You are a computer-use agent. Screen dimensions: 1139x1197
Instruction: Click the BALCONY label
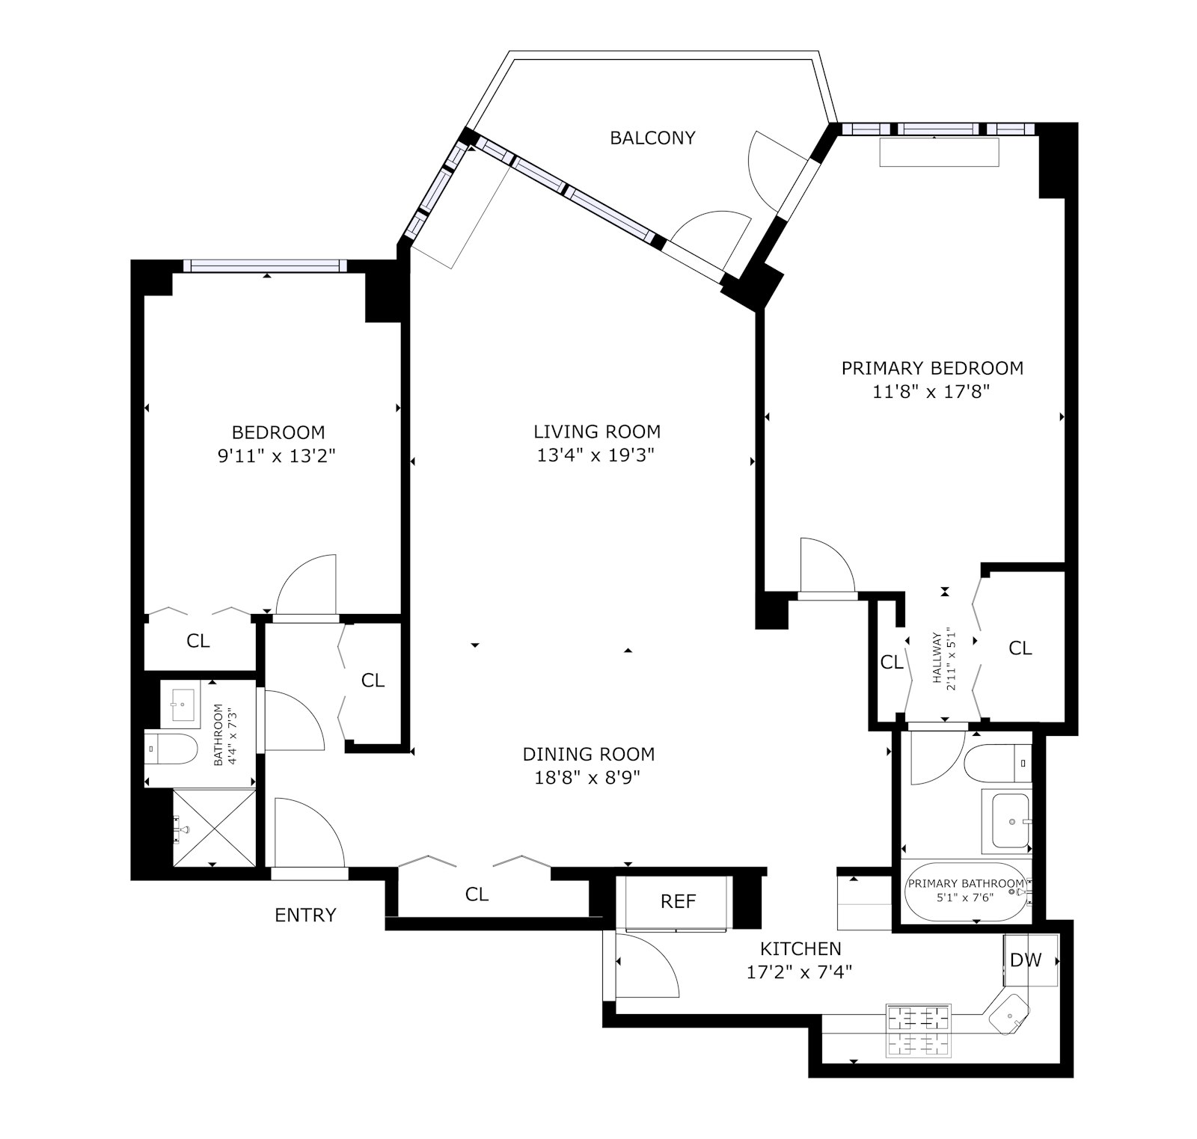point(652,138)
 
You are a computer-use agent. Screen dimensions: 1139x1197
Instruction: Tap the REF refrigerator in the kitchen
point(678,901)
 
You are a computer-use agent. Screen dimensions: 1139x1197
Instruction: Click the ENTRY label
point(305,915)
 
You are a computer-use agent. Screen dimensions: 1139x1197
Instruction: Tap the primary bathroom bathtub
point(965,891)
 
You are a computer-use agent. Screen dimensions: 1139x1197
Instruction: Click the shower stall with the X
point(214,826)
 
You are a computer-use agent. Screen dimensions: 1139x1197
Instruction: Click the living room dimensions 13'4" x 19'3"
point(596,455)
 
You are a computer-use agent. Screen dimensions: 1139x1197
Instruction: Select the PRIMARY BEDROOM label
point(932,368)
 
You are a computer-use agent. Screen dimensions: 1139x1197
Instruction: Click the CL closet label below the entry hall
point(477,894)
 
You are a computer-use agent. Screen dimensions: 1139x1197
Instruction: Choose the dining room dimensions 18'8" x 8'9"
point(588,778)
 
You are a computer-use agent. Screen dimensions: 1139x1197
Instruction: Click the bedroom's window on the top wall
point(266,265)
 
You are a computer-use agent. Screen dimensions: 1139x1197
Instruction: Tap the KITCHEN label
point(800,948)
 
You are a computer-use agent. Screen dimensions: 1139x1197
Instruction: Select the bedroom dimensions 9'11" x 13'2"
point(276,456)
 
